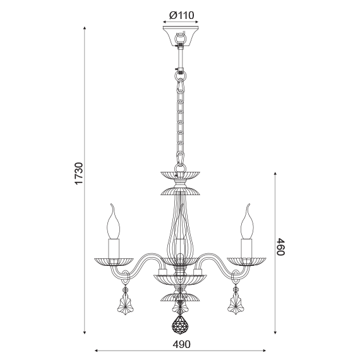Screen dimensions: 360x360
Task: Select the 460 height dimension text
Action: (281, 247)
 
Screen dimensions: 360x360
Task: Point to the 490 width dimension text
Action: (181, 344)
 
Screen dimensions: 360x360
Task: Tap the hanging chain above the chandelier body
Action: (180, 120)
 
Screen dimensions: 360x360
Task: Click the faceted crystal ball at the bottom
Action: (180, 325)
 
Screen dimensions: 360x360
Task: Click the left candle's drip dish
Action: (114, 260)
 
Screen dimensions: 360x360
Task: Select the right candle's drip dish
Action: (246, 260)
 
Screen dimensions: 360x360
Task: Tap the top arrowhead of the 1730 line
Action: (87, 29)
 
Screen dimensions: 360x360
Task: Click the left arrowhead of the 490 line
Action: (97, 351)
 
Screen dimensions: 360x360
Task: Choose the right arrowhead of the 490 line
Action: (265, 351)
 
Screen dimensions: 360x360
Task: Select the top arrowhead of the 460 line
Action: (276, 172)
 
